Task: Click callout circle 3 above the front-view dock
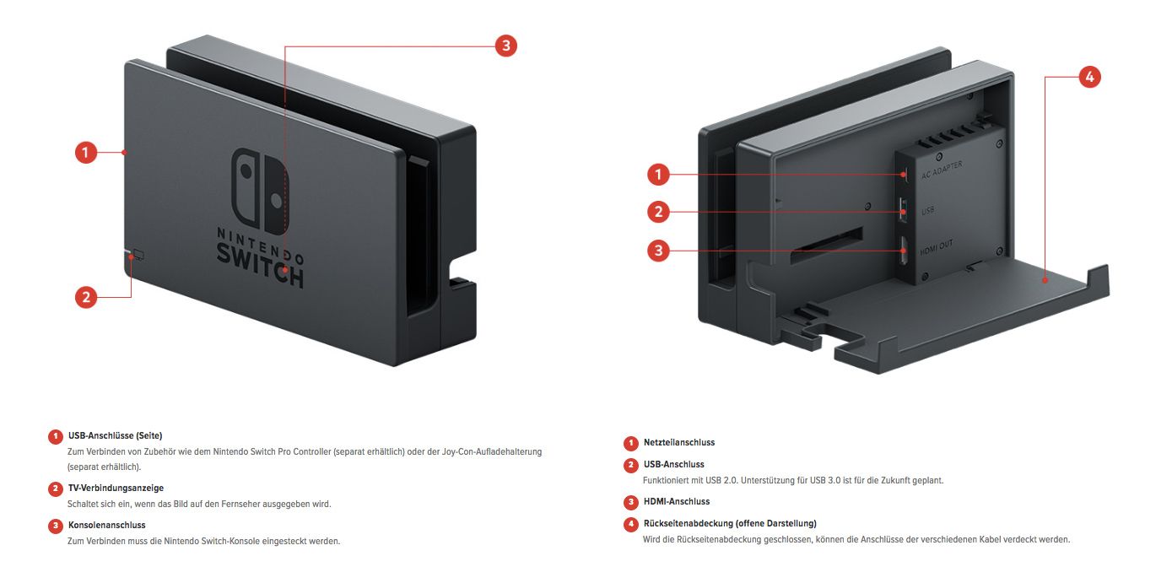click(505, 46)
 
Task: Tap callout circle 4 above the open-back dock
click(1088, 77)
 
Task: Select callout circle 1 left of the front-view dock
click(85, 153)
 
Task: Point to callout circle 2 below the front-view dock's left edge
click(85, 297)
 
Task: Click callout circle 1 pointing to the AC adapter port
click(658, 175)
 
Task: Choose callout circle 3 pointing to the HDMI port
click(658, 251)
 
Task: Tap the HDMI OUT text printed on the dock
click(937, 246)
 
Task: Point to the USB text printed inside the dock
click(928, 211)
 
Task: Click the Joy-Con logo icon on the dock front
click(261, 192)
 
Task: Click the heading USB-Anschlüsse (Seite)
click(115, 435)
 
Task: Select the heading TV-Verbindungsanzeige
click(116, 488)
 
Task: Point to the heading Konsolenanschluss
click(106, 525)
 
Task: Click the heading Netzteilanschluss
click(678, 442)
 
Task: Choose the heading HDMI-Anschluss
click(676, 501)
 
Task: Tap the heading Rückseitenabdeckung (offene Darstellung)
click(729, 523)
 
